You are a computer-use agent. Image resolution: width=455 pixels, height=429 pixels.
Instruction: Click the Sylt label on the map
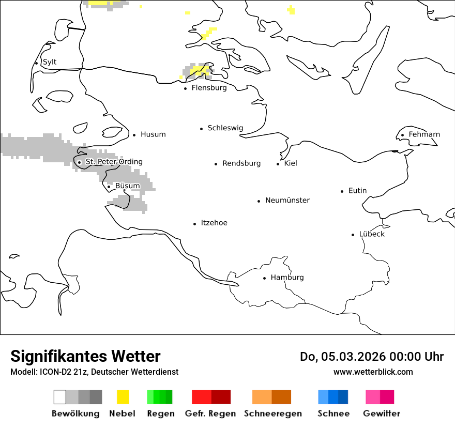click(50, 62)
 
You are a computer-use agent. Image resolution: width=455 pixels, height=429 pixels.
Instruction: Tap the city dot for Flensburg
click(185, 88)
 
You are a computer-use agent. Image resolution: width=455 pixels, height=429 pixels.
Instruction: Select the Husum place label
click(153, 134)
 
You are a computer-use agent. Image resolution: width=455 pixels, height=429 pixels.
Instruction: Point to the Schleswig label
click(225, 128)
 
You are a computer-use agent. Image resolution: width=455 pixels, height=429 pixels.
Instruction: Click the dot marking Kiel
click(278, 164)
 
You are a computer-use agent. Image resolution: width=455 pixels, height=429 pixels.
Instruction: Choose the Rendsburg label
click(241, 163)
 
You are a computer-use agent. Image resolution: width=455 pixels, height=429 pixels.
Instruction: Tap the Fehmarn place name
click(424, 134)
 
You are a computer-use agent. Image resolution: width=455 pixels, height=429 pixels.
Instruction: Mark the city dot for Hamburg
click(264, 278)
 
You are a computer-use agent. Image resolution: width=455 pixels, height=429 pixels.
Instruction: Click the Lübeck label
click(372, 234)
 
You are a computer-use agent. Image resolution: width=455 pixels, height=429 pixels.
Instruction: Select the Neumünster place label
click(287, 200)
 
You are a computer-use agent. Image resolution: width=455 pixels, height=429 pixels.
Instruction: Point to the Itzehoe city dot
click(195, 224)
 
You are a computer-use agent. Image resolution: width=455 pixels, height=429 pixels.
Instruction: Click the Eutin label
click(357, 191)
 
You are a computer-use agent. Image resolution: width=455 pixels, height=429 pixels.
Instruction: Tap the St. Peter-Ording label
click(114, 162)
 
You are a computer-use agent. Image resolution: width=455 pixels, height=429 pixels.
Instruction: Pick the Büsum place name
click(127, 186)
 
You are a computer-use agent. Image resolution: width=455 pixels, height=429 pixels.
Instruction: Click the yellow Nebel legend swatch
click(123, 397)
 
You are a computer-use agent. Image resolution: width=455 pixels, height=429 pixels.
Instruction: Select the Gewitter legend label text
click(381, 413)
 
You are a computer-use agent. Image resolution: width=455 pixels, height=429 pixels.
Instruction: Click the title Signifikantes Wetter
click(85, 356)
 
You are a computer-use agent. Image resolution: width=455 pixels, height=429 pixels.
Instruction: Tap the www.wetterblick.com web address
click(373, 372)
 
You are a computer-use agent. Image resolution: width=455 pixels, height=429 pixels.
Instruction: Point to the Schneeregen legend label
click(272, 413)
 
